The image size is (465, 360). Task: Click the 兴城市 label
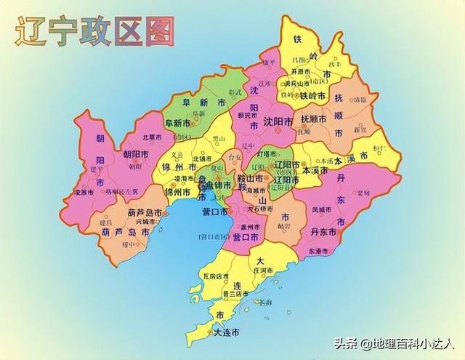coord(146,221)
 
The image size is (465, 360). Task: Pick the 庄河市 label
coord(262,271)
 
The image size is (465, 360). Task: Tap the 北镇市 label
coord(202,158)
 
